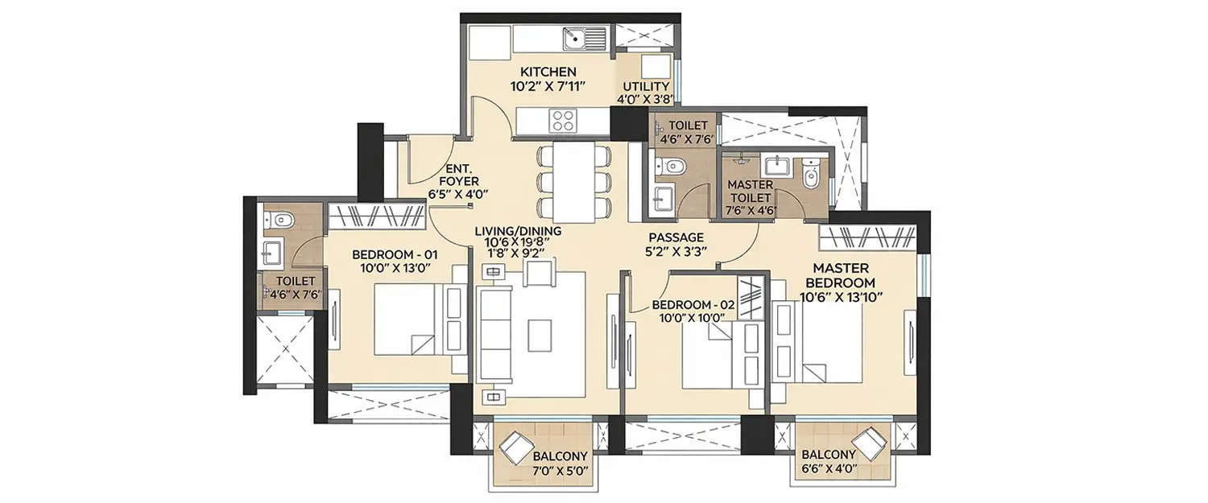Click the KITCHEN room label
[548, 72]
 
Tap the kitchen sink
[584, 35]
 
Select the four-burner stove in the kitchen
[562, 120]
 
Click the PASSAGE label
[677, 237]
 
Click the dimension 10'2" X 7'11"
[548, 87]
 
